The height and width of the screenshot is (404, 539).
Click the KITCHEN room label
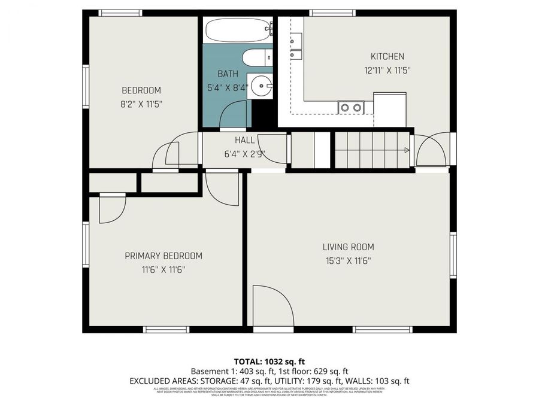387,56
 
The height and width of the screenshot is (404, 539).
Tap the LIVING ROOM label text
348,247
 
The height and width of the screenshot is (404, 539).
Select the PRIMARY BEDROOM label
163,256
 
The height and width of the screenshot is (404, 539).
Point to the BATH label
228,74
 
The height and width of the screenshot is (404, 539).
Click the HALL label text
244,140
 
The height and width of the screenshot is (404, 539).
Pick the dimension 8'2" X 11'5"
141,104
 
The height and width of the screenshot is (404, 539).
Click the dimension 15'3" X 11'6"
348,260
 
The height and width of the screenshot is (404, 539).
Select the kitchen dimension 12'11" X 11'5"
387,69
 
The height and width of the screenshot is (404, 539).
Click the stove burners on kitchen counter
351,108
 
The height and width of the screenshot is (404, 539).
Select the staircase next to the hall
371,150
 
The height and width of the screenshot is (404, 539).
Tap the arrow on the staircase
406,150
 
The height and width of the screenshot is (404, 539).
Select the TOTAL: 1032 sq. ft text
269,361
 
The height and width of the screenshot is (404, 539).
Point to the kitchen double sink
296,48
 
